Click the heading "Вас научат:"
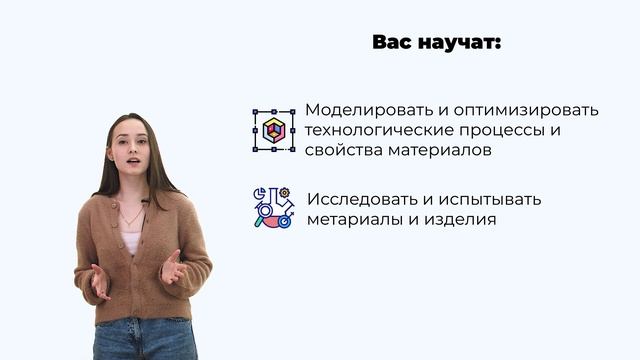[436, 43]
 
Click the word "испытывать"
[492, 198]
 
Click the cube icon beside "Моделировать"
[273, 130]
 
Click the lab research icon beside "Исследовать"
[273, 208]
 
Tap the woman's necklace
[132, 214]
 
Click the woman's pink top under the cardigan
[132, 241]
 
